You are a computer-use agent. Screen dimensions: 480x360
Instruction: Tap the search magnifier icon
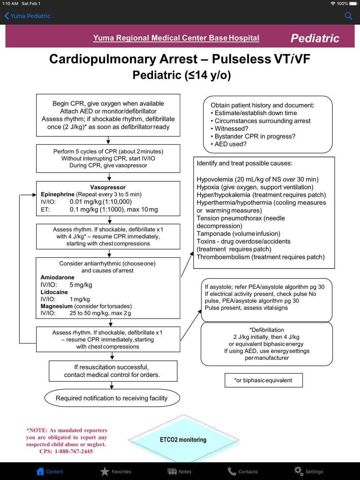click(x=348, y=16)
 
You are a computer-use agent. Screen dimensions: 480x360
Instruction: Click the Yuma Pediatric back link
click(x=28, y=16)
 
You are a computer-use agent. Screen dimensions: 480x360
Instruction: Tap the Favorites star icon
click(x=105, y=471)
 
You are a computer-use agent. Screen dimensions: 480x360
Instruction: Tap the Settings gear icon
click(x=298, y=471)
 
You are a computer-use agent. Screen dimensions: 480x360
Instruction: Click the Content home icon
click(x=40, y=471)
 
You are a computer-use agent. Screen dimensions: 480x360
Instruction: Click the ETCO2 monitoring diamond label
click(x=183, y=440)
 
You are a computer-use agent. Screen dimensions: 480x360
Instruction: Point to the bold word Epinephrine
click(x=58, y=194)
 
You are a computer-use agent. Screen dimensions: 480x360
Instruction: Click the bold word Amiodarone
click(x=58, y=277)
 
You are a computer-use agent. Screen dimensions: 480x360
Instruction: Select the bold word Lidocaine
click(x=54, y=292)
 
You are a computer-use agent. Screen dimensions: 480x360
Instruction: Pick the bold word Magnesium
click(x=57, y=306)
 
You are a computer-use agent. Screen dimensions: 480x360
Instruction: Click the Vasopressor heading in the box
click(x=108, y=187)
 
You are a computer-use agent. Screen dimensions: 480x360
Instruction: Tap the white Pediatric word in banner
click(x=315, y=38)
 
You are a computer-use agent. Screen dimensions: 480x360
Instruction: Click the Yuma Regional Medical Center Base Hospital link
click(x=176, y=38)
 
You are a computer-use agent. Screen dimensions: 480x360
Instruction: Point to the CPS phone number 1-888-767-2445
click(x=74, y=451)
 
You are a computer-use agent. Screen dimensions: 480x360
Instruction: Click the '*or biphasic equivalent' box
click(x=264, y=380)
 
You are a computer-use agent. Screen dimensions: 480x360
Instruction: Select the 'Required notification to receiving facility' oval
click(x=112, y=398)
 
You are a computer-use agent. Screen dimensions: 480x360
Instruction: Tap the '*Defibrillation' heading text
click(x=267, y=330)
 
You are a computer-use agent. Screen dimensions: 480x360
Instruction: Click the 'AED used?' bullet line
click(x=230, y=144)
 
